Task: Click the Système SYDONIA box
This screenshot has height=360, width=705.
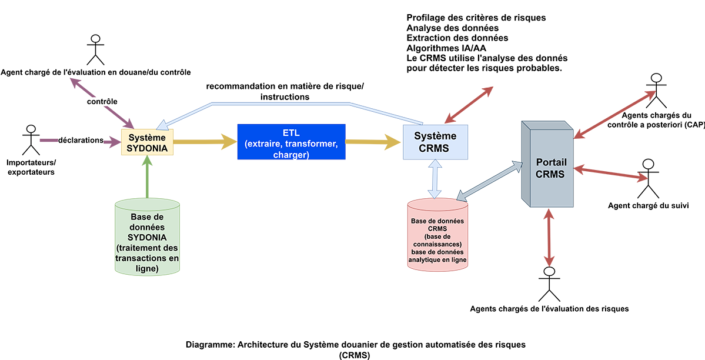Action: (x=148, y=142)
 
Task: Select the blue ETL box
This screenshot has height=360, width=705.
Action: (x=290, y=142)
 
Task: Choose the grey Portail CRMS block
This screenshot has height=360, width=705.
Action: (x=550, y=167)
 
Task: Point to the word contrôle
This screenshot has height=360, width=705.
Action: (x=102, y=101)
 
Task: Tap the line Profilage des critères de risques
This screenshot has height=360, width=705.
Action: (x=476, y=18)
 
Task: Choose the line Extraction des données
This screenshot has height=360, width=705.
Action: (x=457, y=38)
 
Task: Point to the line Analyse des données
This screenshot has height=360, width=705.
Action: (x=452, y=28)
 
